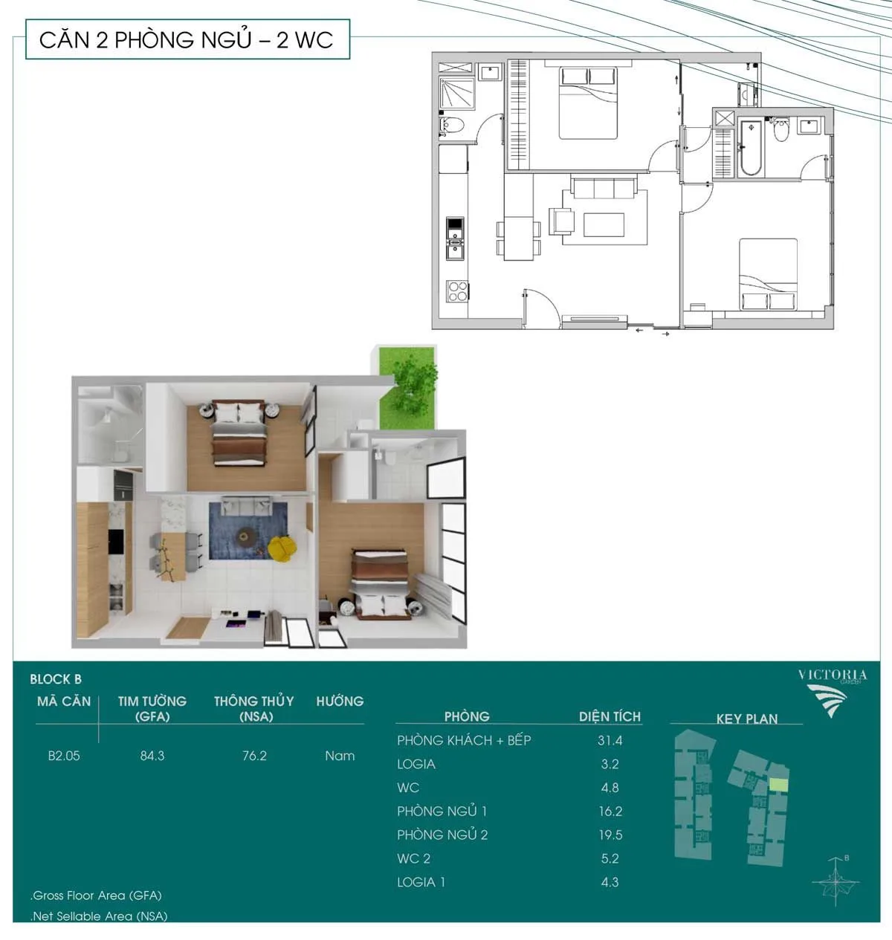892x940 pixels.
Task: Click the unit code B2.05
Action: (64, 756)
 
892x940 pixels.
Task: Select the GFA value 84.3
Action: (152, 756)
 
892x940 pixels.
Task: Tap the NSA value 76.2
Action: (254, 756)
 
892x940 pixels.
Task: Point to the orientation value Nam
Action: (340, 756)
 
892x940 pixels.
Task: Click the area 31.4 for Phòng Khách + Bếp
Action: (610, 741)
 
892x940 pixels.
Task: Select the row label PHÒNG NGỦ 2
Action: (442, 834)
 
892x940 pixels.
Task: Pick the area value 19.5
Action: (610, 834)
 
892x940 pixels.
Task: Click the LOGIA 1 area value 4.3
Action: (610, 882)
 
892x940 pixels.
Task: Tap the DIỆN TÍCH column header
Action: (610, 716)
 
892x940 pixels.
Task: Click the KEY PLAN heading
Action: (746, 719)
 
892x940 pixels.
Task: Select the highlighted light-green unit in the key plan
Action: (778, 784)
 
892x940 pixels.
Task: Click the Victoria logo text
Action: (833, 675)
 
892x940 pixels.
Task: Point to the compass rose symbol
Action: (836, 882)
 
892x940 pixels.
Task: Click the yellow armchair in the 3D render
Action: (281, 548)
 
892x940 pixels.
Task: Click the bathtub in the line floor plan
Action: (751, 148)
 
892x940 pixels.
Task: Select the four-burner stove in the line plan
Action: (457, 291)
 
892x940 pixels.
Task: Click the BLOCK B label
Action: (56, 679)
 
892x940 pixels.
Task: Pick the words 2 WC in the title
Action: (305, 39)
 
